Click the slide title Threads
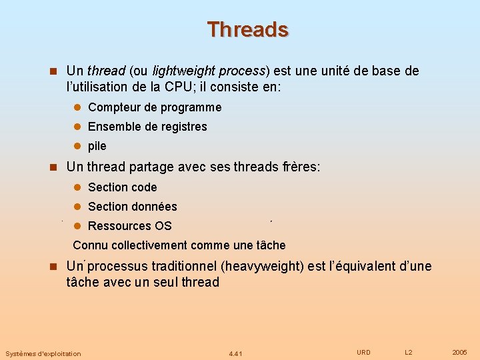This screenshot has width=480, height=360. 247,29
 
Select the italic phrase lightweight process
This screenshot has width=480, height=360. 209,71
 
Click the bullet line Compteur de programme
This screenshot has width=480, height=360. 155,107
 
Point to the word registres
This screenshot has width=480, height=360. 183,127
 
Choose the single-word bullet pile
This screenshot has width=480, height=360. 97,146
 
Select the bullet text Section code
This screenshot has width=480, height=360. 123,187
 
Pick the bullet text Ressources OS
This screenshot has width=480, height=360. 130,226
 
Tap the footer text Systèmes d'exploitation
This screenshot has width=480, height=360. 43,353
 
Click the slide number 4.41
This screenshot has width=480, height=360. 235,353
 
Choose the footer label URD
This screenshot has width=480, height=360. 363,352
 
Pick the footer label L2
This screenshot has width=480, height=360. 409,352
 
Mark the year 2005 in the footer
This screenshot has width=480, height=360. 459,352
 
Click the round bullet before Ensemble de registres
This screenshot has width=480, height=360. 77,127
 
